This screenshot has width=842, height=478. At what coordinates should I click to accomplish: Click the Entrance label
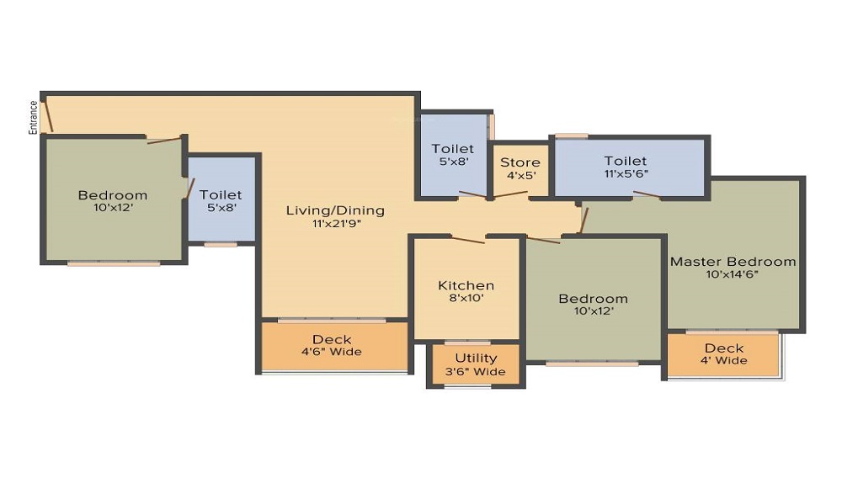[34, 117]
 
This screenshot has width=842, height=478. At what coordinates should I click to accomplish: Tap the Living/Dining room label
[335, 210]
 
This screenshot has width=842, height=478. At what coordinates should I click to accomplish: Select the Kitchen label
[466, 286]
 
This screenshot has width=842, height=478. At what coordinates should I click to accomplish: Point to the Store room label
[520, 162]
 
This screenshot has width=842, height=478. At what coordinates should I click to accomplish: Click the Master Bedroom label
[733, 262]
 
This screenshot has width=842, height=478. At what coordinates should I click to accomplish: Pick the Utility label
[476, 358]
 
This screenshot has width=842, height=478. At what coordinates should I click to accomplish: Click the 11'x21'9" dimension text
[335, 224]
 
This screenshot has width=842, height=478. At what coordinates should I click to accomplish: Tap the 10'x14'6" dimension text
[733, 275]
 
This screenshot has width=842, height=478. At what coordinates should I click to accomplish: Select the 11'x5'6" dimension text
[626, 174]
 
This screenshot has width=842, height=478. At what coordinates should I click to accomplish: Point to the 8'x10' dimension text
[466, 299]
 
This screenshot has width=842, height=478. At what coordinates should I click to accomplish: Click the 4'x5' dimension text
[520, 176]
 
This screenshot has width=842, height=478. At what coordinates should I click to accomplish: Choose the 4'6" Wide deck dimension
[332, 352]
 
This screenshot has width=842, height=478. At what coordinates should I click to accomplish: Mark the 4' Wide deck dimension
[724, 361]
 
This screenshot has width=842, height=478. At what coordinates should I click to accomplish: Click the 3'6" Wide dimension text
[476, 371]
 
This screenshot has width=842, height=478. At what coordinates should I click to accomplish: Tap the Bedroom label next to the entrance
[113, 196]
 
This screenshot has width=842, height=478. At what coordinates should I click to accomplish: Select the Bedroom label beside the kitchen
[594, 299]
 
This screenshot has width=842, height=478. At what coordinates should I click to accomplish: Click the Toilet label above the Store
[453, 149]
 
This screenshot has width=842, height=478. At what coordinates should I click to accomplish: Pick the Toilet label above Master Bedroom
[626, 161]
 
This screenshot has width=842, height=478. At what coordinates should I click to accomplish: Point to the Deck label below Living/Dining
[332, 339]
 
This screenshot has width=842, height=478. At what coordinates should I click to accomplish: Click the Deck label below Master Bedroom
[724, 348]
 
